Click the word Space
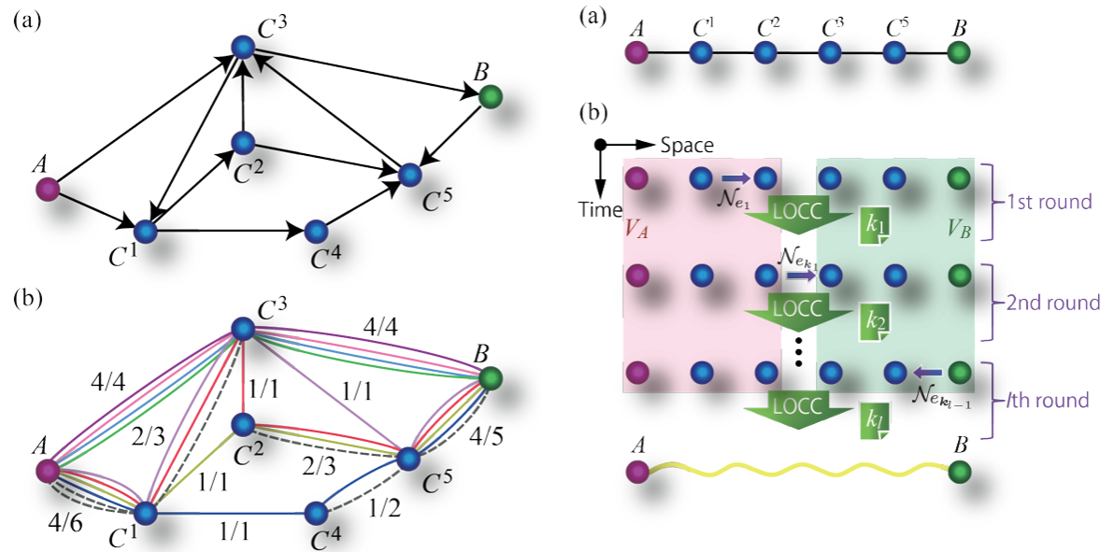(x=686, y=145)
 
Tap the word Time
(x=599, y=209)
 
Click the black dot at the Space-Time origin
(x=600, y=145)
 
